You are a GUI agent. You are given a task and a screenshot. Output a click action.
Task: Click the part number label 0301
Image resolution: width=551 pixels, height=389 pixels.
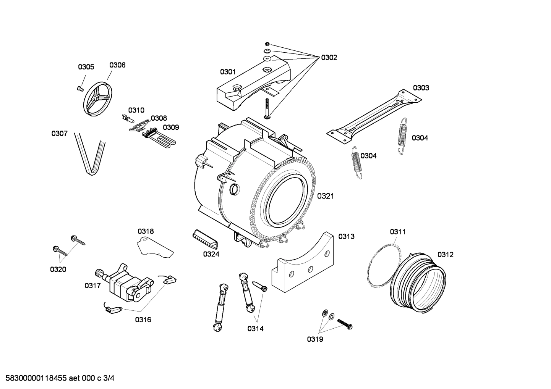[x=228, y=72]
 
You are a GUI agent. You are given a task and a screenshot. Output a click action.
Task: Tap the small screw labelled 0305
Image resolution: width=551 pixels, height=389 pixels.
[x=80, y=88]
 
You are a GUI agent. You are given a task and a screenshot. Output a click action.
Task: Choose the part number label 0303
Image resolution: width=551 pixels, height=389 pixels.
[x=421, y=88]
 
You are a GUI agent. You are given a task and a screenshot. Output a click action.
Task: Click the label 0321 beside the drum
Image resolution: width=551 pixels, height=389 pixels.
[x=326, y=196]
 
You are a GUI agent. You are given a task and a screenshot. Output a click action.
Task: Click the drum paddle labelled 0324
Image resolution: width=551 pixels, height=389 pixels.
[x=205, y=239]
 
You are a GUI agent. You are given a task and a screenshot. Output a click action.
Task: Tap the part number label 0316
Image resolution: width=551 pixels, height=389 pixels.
[x=143, y=320]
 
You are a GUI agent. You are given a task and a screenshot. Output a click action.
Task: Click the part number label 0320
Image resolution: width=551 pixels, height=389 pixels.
[x=58, y=270]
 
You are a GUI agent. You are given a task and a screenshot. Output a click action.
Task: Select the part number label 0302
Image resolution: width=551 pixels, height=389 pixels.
[x=329, y=58]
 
